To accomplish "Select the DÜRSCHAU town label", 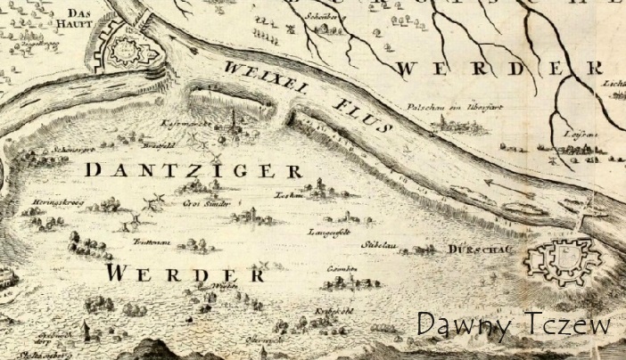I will [x=480, y=250].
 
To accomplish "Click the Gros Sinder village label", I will [x=207, y=203].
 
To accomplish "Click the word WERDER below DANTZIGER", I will [x=187, y=272].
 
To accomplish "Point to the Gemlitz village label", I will [x=342, y=268].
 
